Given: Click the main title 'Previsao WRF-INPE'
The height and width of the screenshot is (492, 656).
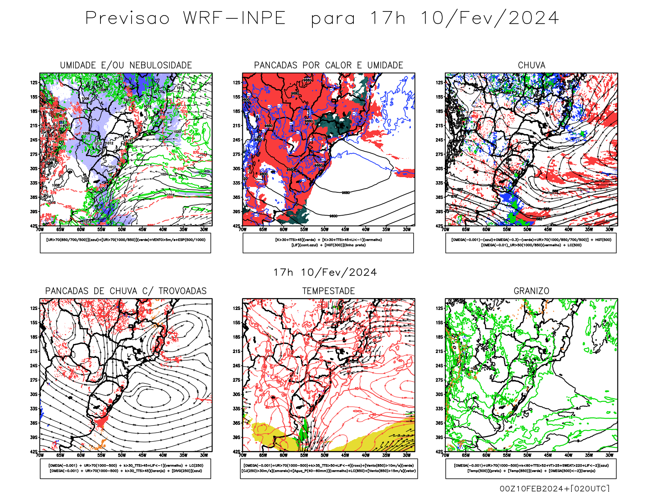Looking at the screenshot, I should (x=185, y=18).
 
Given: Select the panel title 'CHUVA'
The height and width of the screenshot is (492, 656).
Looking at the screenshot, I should (x=531, y=65).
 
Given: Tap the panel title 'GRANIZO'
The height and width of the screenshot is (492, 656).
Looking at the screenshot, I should (x=531, y=291).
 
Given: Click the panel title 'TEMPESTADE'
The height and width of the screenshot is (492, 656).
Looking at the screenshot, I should (x=328, y=291).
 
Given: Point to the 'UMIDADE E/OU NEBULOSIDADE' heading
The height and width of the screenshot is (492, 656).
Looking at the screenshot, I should (x=126, y=65).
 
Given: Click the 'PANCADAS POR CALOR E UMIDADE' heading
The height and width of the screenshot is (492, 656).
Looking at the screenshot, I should (x=328, y=65).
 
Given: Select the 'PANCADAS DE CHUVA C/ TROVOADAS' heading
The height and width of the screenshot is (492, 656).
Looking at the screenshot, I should (x=126, y=291).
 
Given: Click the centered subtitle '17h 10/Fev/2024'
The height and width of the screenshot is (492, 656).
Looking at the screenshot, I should (x=325, y=273).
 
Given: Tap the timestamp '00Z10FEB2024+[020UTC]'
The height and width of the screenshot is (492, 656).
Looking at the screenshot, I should (x=554, y=488).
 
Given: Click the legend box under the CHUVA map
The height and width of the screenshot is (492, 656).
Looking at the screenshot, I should (x=531, y=243).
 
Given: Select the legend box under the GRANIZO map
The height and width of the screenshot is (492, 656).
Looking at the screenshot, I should (x=531, y=468).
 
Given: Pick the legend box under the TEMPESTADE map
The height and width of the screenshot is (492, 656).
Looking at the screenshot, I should (x=328, y=468).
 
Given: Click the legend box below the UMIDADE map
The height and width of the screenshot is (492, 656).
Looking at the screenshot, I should (x=125, y=243).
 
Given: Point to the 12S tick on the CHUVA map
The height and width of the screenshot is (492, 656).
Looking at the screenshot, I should (x=440, y=83).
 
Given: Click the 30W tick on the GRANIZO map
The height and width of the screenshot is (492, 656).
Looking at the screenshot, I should (x=609, y=455).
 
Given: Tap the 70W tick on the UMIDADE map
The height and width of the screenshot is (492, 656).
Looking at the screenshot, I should (x=40, y=230).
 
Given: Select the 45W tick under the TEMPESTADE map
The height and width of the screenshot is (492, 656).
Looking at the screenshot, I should (x=345, y=455).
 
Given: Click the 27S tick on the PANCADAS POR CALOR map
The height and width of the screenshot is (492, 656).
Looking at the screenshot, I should (x=237, y=155).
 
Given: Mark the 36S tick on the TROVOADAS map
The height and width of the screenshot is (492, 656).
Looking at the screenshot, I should (x=34, y=423).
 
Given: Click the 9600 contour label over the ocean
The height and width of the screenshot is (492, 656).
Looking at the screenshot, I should (x=333, y=216).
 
